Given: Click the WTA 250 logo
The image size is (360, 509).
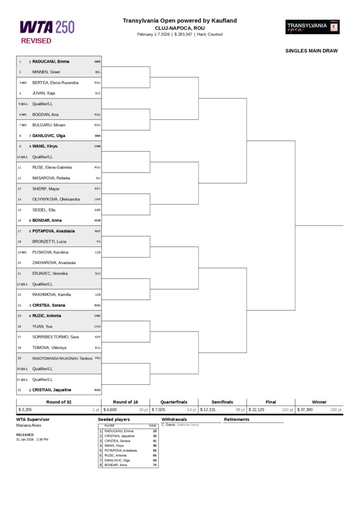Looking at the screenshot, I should click(x=47, y=27).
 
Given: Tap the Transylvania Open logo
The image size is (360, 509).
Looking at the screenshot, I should click(x=312, y=27).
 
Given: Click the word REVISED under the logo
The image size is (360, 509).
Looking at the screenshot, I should click(x=36, y=41).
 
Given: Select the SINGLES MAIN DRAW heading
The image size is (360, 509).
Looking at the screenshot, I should click(x=311, y=51).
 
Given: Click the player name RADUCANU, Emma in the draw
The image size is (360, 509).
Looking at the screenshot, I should click(x=51, y=62).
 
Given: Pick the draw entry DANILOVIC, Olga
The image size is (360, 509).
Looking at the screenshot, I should click(x=49, y=136).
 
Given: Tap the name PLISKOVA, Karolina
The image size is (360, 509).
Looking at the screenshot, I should click(x=50, y=252).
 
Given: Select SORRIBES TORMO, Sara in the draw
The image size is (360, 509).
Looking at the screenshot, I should click(x=56, y=337).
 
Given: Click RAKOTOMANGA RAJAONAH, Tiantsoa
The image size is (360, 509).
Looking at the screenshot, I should click(x=62, y=358).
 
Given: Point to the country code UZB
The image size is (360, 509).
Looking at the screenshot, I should click(x=97, y=295).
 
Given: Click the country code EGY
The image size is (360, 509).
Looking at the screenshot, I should click(x=97, y=189).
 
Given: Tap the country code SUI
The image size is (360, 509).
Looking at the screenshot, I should click(x=98, y=178).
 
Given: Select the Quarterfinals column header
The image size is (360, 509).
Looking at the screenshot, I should click(x=174, y=402).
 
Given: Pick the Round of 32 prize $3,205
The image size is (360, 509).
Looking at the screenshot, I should click(x=25, y=410).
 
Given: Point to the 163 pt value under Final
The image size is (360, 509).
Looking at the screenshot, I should click(x=288, y=410).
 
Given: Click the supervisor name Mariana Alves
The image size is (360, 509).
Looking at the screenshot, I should click(x=29, y=425).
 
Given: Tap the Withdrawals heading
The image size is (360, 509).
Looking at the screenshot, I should click(x=175, y=420).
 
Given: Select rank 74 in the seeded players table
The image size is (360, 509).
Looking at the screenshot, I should click(x=155, y=465).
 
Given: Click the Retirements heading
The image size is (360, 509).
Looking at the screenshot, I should click(x=237, y=420).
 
